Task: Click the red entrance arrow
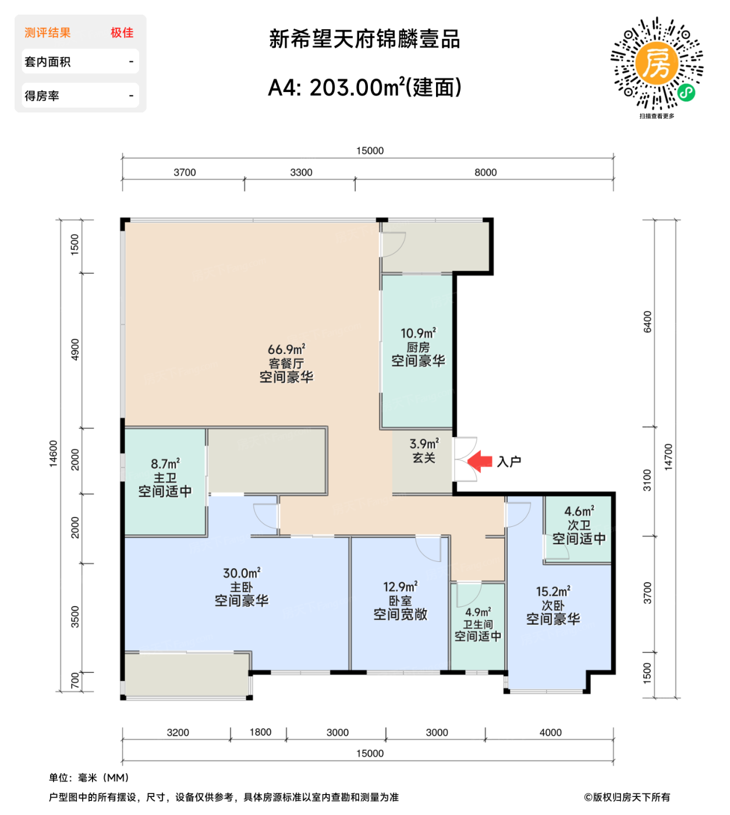coord(480,461)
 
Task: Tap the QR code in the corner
coord(657,63)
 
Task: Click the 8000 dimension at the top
coord(486,172)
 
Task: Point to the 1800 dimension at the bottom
coord(260,732)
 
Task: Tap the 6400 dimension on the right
coord(647,322)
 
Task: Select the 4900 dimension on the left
coord(75,349)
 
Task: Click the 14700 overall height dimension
coord(668,457)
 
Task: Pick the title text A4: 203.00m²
coord(364,88)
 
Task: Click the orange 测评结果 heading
coord(48,33)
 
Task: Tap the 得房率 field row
coord(80,95)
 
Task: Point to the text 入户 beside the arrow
coord(509,462)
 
